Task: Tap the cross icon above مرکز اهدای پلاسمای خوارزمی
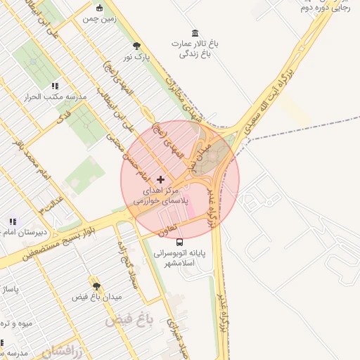[161, 180]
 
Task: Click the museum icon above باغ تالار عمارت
[195, 33]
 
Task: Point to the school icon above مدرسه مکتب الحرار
[55, 86]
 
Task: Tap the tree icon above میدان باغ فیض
[96, 286]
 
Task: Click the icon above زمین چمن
[99, 8]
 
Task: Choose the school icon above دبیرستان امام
[13, 221]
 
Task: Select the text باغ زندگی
[195, 53]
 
